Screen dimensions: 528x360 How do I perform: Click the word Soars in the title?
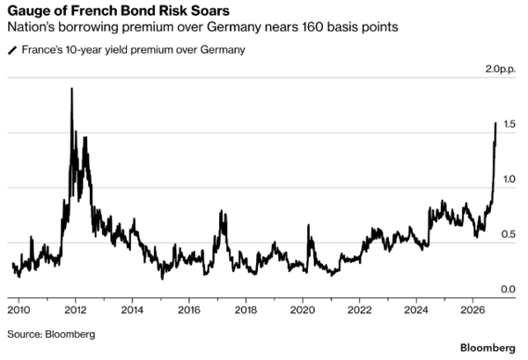coord(210,11)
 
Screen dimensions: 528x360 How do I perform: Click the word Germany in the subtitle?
coord(234,27)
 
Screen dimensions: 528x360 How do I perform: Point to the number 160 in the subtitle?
coord(312,26)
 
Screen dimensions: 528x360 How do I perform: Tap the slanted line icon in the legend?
coord(12,50)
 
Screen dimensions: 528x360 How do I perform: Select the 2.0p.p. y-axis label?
coord(500,69)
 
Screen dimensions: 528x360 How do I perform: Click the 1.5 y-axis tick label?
coord(510,124)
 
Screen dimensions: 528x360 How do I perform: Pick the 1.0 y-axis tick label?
coord(510,180)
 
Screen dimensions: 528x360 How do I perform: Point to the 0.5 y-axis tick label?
coord(509,234)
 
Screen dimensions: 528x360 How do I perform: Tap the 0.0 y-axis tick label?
coord(509,290)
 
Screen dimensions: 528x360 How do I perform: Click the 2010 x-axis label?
coord(18,310)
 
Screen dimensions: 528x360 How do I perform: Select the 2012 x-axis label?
coord(76,310)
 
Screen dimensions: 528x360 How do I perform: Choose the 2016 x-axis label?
coord(189,310)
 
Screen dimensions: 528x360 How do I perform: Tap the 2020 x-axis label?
coord(303,310)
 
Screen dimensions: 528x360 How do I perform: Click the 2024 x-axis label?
coord(416,310)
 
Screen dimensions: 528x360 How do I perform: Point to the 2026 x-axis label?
coord(473,310)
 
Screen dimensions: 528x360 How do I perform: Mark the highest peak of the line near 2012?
coord(71,89)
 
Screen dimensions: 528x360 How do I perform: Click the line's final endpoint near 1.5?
coord(495,123)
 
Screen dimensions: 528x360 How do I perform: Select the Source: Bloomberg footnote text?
coord(51,334)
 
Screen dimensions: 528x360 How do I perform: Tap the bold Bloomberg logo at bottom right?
coord(488,348)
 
